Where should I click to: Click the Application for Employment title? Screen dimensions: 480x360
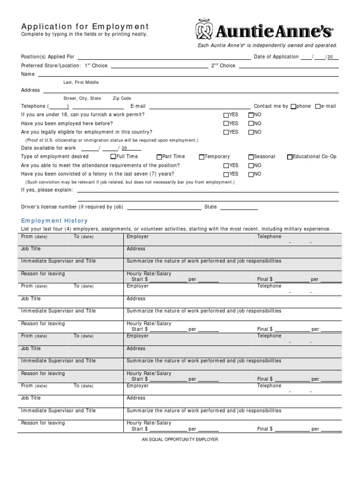[85, 27]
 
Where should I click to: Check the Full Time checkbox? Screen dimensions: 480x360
[113, 157]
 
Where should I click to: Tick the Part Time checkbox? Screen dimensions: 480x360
[159, 157]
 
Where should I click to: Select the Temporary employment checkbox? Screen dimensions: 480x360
[202, 157]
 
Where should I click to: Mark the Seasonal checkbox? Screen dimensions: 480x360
[251, 157]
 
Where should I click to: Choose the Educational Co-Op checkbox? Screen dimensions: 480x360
[290, 157]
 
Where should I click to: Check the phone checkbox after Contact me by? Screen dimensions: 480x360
[293, 106]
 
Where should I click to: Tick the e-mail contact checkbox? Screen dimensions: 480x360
[318, 106]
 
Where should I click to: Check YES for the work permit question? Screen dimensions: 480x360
[226, 115]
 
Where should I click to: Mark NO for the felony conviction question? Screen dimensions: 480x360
[251, 174]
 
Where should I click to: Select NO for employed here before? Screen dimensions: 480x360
[251, 124]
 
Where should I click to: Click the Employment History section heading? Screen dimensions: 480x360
[54, 221]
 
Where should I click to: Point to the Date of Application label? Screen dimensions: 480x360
[276, 57]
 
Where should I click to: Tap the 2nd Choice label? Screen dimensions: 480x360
[223, 66]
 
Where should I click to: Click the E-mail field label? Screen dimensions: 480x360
[138, 106]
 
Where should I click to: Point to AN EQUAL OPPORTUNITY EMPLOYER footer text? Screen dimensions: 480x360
[180, 440]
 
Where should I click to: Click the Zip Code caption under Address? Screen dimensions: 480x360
[122, 98]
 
